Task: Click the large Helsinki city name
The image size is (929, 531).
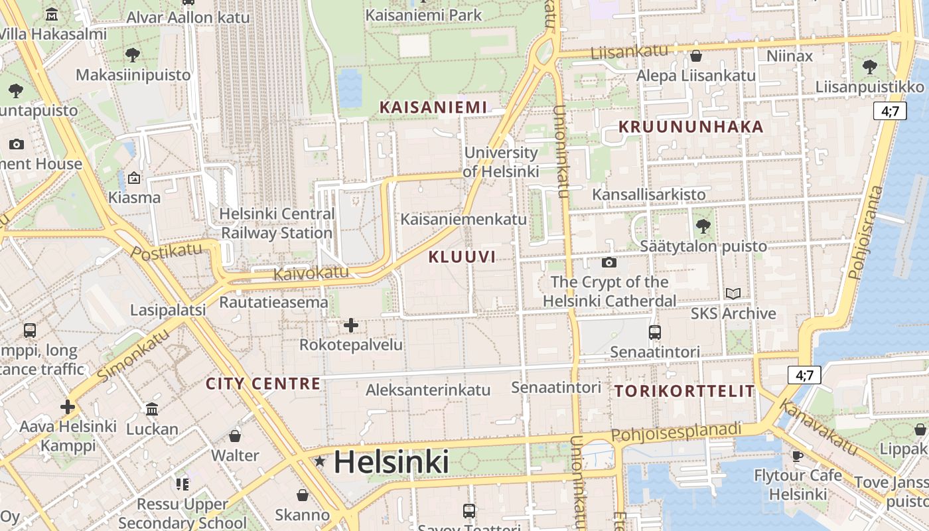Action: [x=392, y=462]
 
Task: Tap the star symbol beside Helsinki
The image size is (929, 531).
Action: [x=320, y=461]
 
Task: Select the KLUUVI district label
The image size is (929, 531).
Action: [x=462, y=257]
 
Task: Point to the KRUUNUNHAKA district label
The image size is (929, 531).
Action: [x=691, y=127]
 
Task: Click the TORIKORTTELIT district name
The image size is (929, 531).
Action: [x=684, y=391]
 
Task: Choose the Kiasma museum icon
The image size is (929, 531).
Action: [x=134, y=178]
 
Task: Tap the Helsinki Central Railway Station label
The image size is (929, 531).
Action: [x=277, y=224]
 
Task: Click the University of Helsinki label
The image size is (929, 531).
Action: [x=501, y=162]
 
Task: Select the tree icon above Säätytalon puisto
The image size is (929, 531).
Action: [x=703, y=226]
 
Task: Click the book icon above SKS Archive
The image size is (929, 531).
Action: [x=733, y=293]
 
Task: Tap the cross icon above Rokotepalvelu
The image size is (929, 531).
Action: [x=351, y=325]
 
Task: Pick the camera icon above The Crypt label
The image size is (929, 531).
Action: [x=608, y=262]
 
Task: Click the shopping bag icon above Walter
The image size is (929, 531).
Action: [x=235, y=436]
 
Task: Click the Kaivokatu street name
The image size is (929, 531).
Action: [x=311, y=272]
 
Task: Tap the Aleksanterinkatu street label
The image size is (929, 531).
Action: [x=428, y=390]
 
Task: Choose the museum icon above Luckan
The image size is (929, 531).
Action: [x=152, y=409]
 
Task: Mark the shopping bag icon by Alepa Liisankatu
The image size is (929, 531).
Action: [x=696, y=55]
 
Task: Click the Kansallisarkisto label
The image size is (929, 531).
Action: [x=648, y=194]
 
